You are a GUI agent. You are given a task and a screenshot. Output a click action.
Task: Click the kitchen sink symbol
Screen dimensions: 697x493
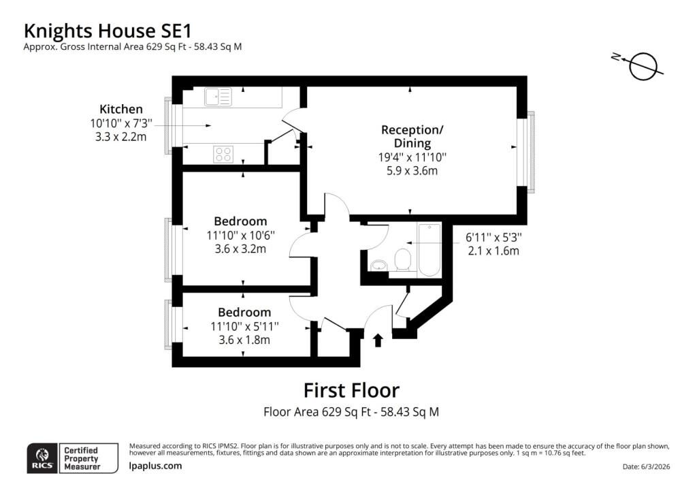click(x=218, y=97)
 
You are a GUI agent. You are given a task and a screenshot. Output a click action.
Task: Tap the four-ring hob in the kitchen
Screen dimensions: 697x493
click(x=223, y=155)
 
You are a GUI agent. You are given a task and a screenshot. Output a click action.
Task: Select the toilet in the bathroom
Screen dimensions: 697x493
click(x=403, y=259)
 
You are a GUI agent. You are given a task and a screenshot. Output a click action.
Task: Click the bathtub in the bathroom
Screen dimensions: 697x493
click(x=429, y=249)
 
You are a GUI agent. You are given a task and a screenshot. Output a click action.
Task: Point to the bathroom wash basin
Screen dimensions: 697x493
click(x=378, y=266)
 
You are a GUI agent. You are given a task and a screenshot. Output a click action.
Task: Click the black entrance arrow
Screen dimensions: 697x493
click(x=378, y=340)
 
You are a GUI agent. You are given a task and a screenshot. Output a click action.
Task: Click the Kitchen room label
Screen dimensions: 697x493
click(x=121, y=109)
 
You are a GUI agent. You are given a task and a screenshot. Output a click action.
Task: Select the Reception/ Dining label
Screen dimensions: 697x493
click(x=412, y=136)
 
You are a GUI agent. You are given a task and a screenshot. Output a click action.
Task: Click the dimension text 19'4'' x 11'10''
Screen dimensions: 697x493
click(x=412, y=157)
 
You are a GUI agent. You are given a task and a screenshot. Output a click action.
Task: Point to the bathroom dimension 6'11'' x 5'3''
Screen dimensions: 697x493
click(x=493, y=238)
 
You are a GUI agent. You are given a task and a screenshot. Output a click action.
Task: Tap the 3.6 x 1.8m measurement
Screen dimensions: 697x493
click(x=244, y=340)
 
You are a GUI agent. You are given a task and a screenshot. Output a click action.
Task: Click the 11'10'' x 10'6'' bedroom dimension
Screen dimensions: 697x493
click(x=240, y=235)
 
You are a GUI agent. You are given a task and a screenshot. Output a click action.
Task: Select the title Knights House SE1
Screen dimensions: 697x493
click(x=108, y=31)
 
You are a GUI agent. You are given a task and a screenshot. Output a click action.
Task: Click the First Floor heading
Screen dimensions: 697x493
click(x=351, y=390)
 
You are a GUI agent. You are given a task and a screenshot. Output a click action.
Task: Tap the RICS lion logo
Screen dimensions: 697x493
click(x=42, y=458)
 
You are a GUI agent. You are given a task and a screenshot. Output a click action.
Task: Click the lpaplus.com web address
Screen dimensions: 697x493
click(x=155, y=466)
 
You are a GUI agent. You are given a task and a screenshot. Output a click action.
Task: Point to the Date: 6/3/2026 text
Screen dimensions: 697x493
click(x=647, y=466)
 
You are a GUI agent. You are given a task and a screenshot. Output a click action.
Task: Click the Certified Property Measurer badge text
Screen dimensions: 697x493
click(x=82, y=458)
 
